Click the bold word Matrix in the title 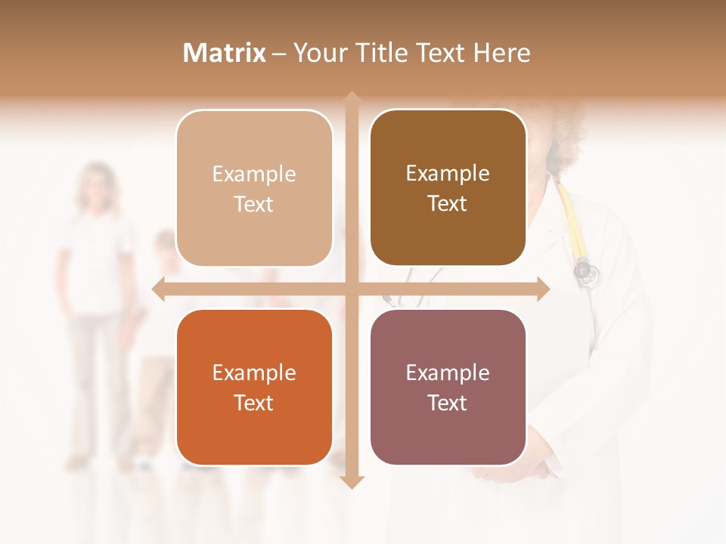224,53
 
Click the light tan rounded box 254,189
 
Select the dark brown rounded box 448,188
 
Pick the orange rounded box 254,388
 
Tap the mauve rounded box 448,388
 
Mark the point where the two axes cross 352,289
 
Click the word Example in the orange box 254,373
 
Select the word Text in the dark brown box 448,204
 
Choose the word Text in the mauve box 448,403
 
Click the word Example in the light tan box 254,175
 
